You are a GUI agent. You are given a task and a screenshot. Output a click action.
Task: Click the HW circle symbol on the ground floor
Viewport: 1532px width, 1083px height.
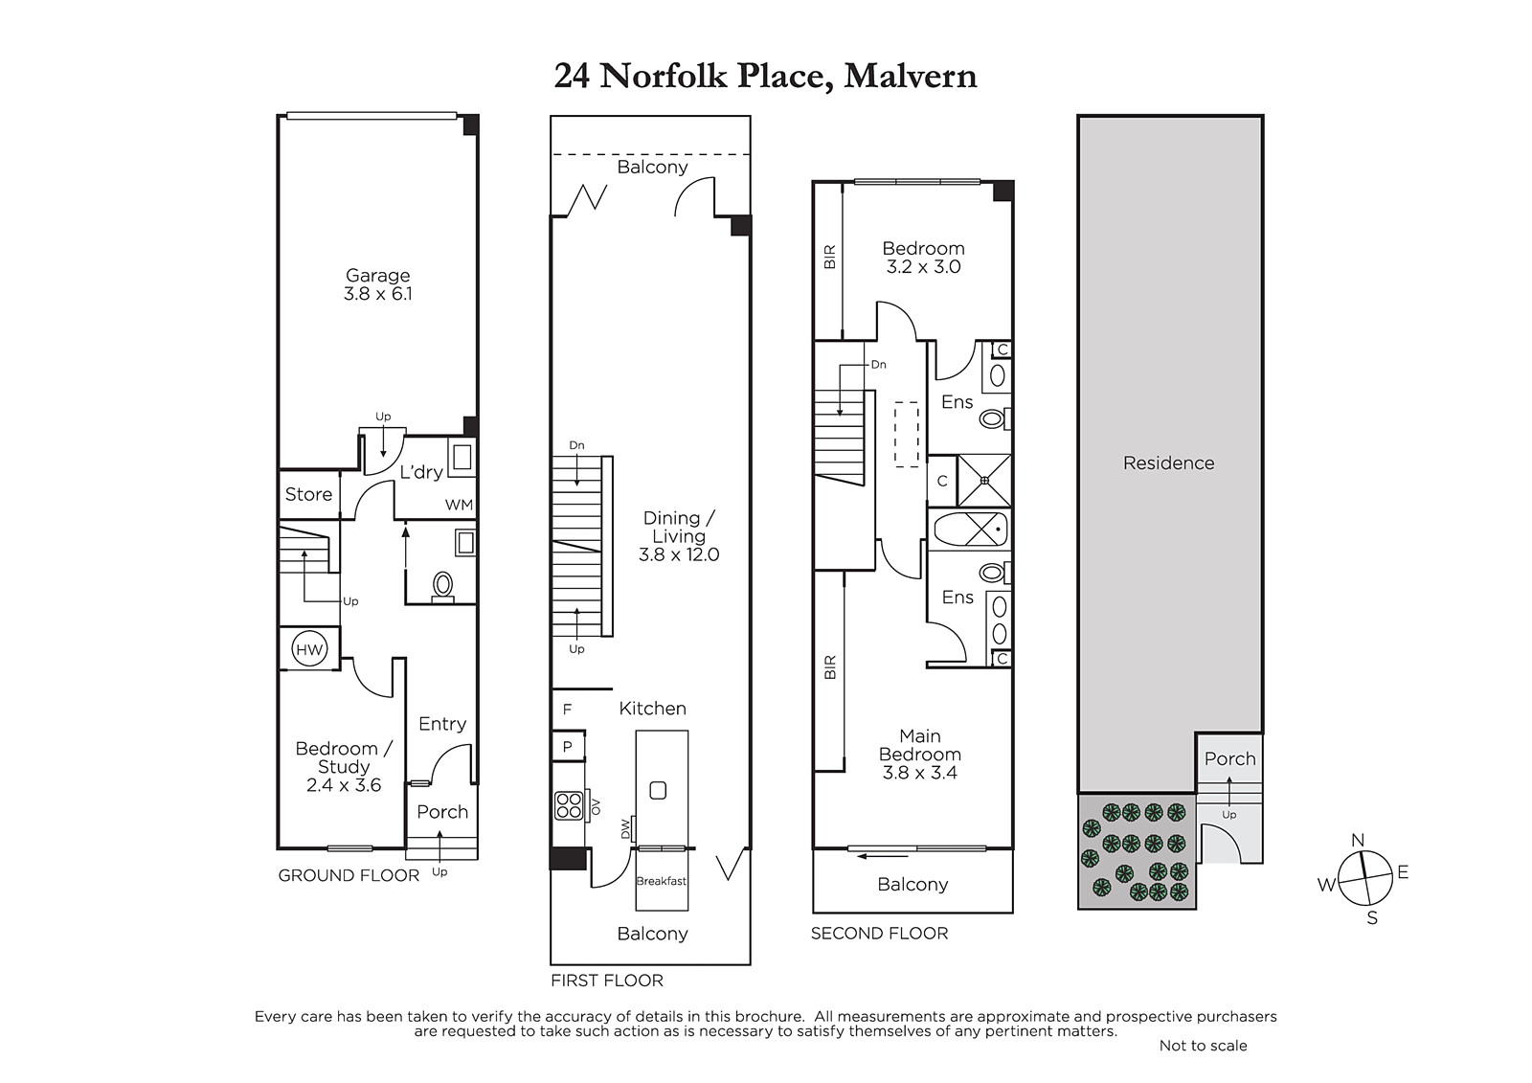309,649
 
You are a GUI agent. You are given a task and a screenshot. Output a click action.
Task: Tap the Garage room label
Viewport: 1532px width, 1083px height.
377,276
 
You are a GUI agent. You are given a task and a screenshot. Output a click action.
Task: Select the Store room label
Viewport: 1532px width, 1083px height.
308,494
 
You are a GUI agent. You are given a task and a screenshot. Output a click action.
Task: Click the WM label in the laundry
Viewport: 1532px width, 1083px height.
459,505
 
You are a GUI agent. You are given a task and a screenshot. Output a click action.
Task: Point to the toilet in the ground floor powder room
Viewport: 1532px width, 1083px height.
443,587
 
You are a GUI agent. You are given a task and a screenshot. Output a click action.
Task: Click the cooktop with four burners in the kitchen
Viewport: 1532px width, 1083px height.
569,805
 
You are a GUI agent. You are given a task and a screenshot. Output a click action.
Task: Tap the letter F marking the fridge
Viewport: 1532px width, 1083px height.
567,710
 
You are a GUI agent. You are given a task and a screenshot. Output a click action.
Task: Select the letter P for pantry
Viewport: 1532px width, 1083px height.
567,747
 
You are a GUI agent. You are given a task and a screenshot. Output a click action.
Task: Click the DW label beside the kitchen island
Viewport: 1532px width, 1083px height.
624,830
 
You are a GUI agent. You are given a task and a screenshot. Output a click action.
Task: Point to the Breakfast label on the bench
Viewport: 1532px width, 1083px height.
662,881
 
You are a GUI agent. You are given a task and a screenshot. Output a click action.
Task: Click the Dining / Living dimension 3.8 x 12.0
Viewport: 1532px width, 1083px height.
679,554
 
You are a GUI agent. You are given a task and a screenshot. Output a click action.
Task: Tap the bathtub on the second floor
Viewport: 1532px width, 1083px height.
971,530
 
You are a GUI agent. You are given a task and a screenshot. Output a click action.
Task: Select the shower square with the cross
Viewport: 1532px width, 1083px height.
984,481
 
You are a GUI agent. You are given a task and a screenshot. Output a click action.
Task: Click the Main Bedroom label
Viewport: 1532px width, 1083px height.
920,745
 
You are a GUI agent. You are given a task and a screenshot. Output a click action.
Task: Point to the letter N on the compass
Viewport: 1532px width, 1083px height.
1359,840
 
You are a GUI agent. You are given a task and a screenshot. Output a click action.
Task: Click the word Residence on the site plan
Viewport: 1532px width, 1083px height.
1169,463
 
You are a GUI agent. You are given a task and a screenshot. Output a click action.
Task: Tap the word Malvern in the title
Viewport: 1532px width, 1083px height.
911,76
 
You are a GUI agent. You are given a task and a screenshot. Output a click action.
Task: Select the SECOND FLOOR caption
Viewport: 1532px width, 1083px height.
880,934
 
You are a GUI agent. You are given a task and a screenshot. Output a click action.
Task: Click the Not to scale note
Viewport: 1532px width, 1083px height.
1203,1046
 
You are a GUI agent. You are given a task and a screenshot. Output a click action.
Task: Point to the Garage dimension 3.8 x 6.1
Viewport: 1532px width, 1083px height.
377,294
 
